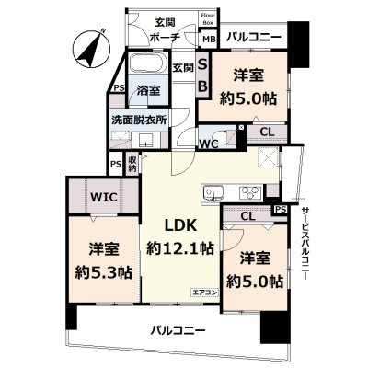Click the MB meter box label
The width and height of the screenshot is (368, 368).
[209, 39]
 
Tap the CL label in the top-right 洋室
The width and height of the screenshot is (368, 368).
[265, 132]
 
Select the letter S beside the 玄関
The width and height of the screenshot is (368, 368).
[203, 65]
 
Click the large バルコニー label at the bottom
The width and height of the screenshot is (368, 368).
[173, 329]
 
